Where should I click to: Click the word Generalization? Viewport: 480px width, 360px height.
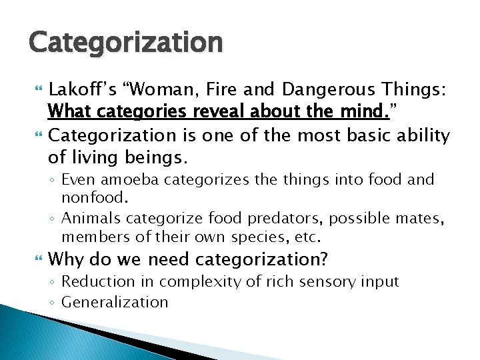[x=115, y=302]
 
